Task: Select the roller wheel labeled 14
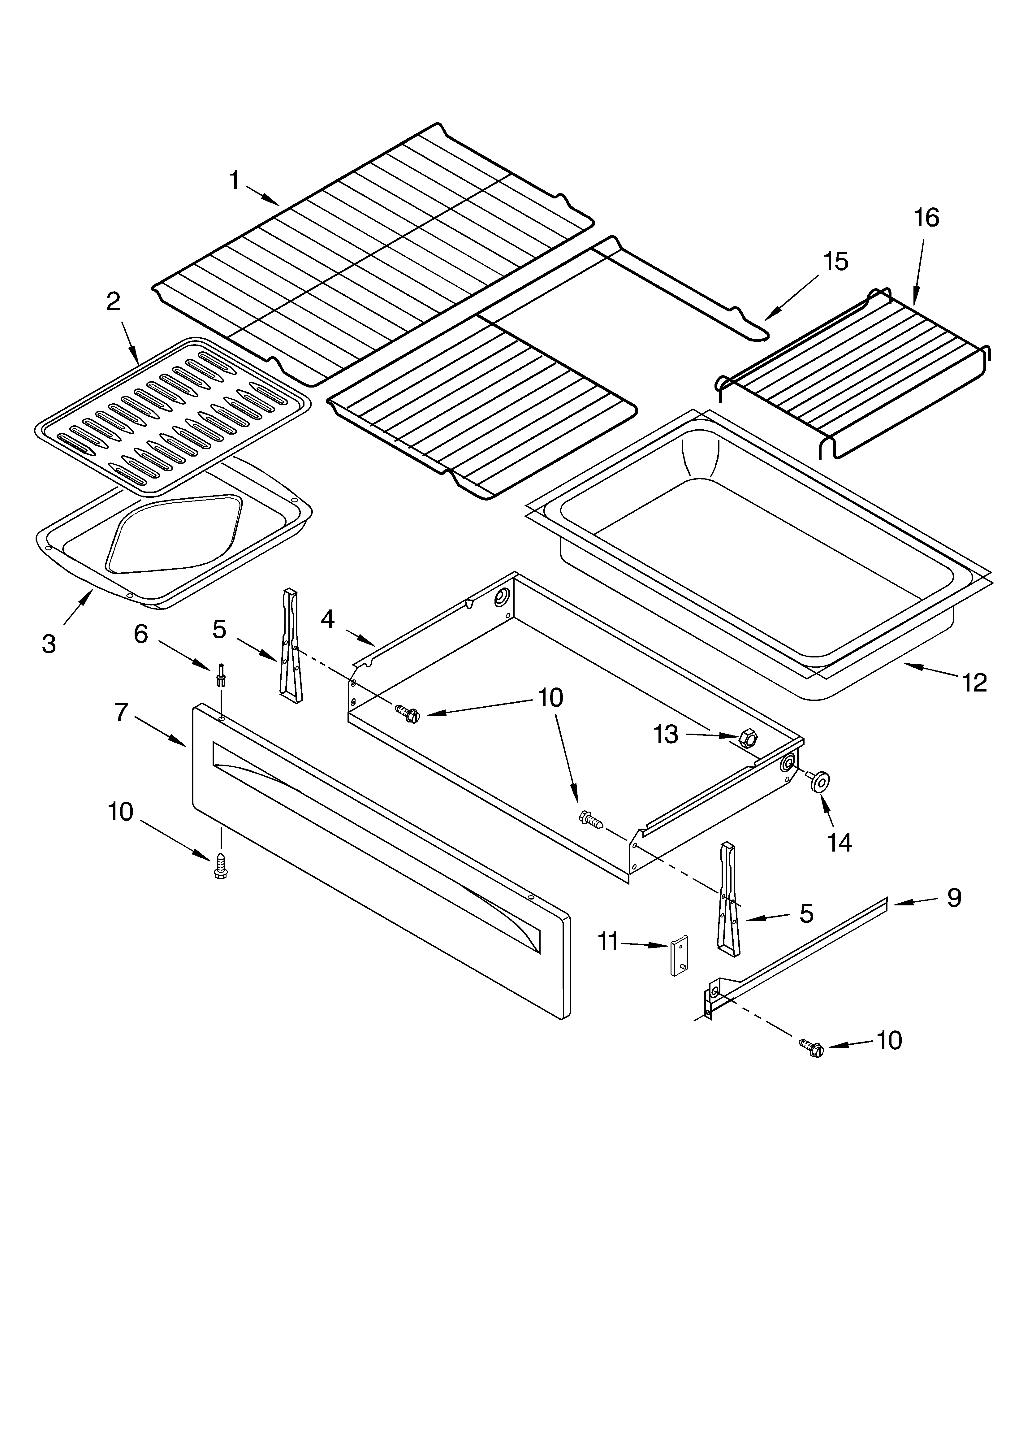click(x=820, y=782)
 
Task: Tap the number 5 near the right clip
click(x=806, y=913)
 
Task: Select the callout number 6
click(x=141, y=634)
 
